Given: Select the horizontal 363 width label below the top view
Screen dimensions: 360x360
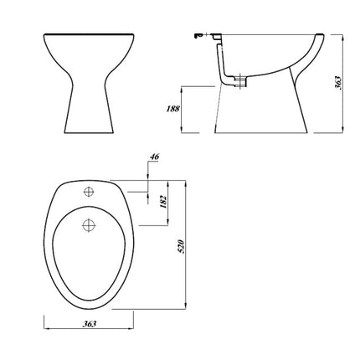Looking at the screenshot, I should point(89,325).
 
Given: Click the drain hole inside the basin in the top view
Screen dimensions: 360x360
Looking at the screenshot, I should point(87,224).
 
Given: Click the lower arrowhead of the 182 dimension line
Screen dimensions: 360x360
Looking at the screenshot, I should point(148,224).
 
